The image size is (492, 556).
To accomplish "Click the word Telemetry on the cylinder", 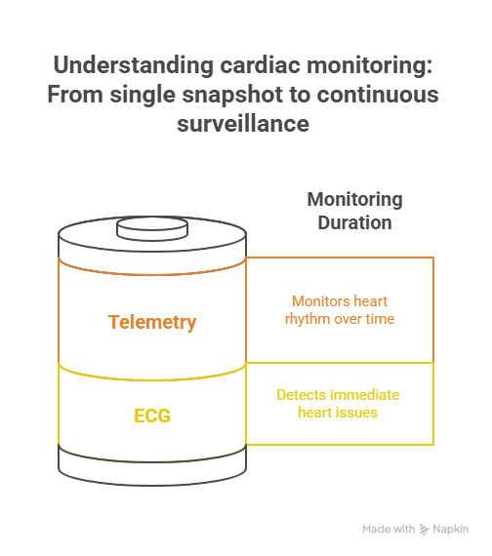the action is pyautogui.click(x=152, y=322).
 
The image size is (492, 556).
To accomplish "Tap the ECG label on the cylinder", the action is pyautogui.click(x=152, y=416).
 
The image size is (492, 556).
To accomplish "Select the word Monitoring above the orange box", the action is pyautogui.click(x=354, y=200).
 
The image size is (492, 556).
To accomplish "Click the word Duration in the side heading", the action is pyautogui.click(x=354, y=222).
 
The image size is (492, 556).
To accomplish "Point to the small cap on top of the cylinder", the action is pyautogui.click(x=152, y=229).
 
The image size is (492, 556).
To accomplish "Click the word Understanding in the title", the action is pyautogui.click(x=134, y=66).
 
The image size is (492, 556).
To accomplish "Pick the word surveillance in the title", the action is pyautogui.click(x=243, y=124).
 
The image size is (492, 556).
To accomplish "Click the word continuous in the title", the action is pyautogui.click(x=378, y=95).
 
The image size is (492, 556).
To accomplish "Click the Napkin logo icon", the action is pyautogui.click(x=424, y=530).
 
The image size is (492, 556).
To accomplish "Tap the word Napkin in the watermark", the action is pyautogui.click(x=450, y=529).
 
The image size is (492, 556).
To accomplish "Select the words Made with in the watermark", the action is pyautogui.click(x=389, y=529).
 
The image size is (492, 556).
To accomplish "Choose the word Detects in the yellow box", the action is pyautogui.click(x=298, y=395).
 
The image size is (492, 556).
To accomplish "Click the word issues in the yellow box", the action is pyautogui.click(x=358, y=413).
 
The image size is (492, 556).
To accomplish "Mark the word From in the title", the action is pyautogui.click(x=75, y=95).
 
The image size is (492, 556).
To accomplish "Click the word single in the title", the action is pyautogui.click(x=143, y=96).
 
